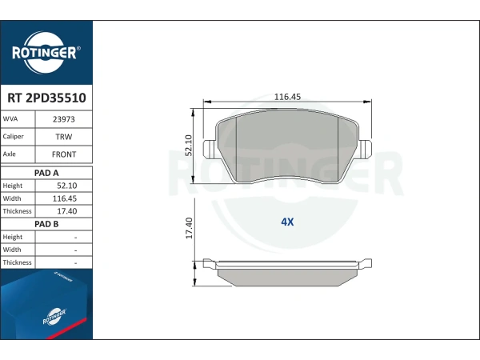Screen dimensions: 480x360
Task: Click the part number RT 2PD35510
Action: [46, 98]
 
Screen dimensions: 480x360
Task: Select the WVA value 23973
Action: [64, 119]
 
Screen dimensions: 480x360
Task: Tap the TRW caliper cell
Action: [64, 137]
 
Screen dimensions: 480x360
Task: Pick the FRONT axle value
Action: [64, 154]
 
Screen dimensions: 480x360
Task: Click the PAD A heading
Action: [46, 173]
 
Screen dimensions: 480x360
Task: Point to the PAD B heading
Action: [46, 224]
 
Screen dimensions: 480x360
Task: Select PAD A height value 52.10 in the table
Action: [66, 186]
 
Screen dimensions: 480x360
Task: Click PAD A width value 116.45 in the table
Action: [65, 198]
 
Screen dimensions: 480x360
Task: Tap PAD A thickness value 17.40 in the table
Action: [66, 211]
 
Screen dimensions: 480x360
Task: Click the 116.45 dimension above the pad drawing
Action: [287, 97]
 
